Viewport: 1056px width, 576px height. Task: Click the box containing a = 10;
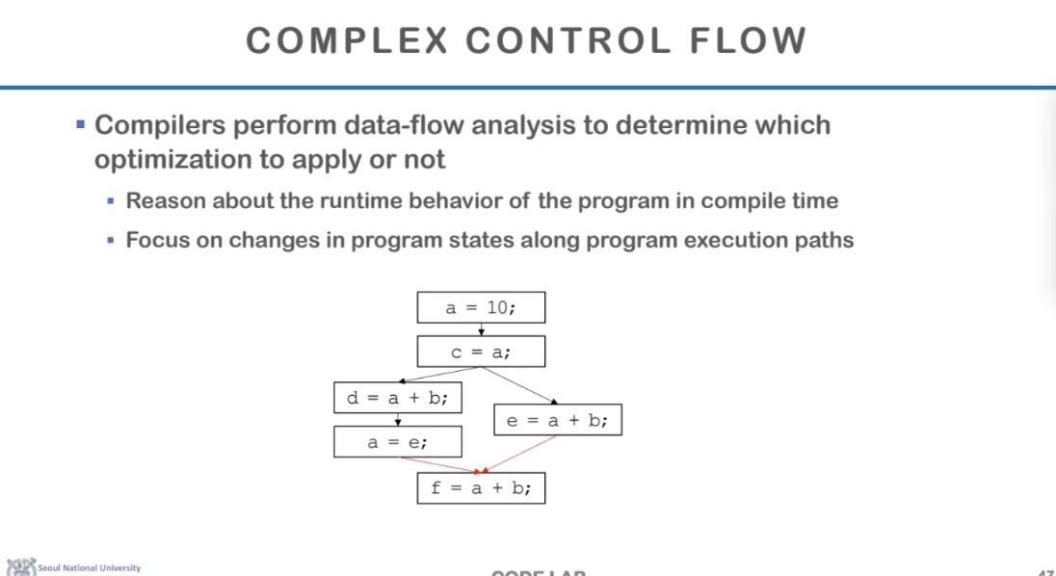481,308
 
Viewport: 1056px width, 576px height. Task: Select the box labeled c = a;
481,352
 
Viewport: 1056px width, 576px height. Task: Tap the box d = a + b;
397,397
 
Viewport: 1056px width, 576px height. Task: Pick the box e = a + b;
557,420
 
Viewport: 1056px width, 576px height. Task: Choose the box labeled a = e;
397,442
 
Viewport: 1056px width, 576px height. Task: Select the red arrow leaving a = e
429,463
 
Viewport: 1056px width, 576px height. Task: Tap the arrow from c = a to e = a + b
520,384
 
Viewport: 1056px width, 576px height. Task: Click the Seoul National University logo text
89,567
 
